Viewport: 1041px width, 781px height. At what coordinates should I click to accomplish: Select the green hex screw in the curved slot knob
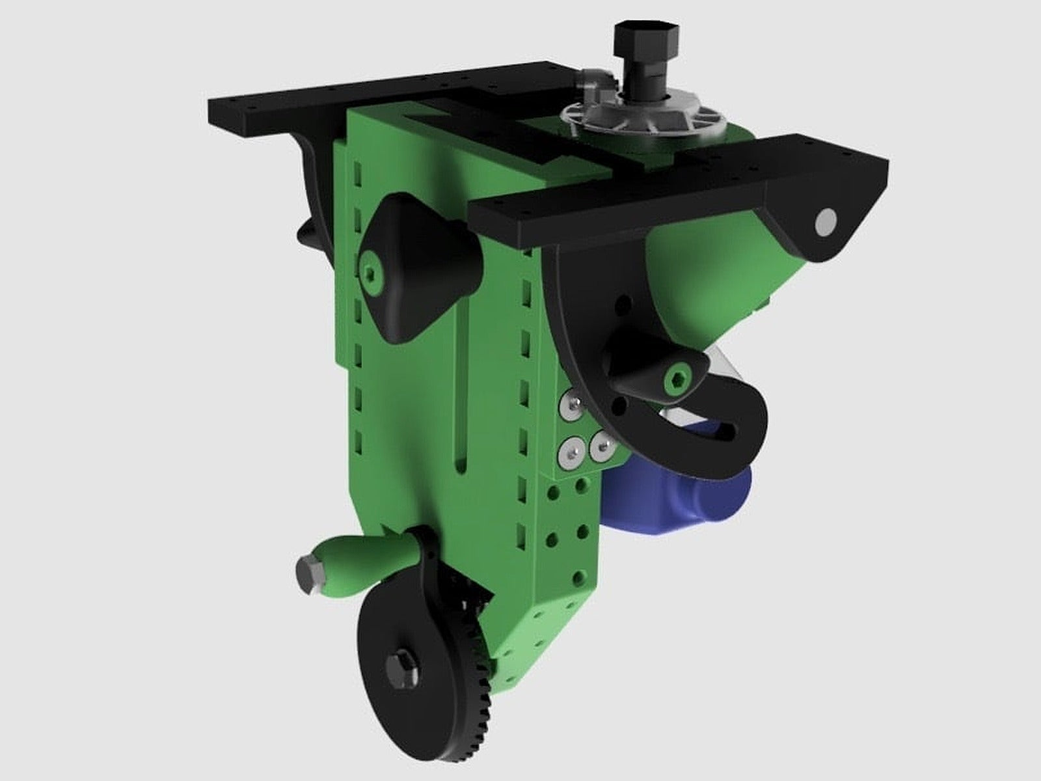click(x=677, y=381)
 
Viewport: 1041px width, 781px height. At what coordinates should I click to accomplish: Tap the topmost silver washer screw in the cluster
click(x=573, y=404)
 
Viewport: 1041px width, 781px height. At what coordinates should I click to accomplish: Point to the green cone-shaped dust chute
click(x=709, y=267)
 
